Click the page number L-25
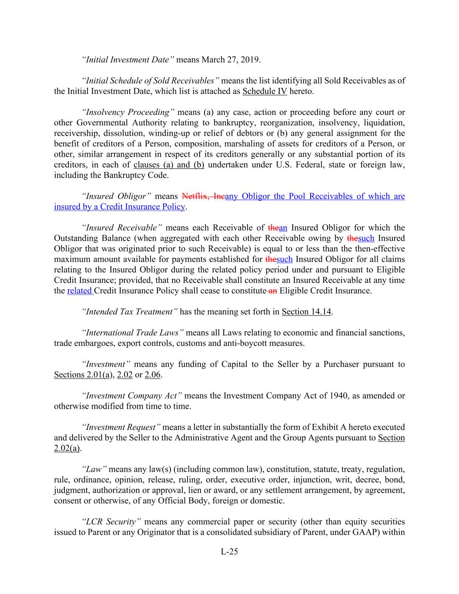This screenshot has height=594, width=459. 229,552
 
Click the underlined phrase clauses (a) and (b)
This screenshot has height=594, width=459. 169,165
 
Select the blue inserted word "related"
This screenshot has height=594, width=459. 80,291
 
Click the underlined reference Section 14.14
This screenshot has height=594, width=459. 306,312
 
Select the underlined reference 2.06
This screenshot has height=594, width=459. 152,375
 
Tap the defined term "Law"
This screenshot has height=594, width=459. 94,469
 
